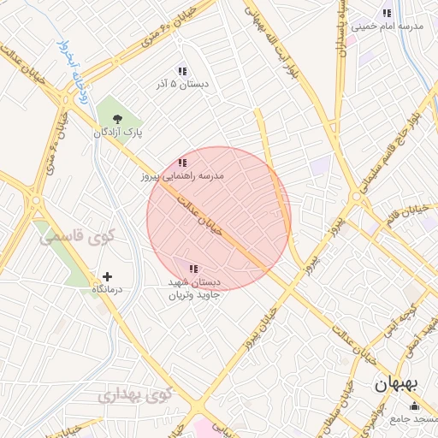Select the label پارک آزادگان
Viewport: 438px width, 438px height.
[118, 133]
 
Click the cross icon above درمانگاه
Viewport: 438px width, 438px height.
[107, 276]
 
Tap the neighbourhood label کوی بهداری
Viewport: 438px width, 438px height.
[135, 395]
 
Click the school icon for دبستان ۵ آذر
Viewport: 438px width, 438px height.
[181, 71]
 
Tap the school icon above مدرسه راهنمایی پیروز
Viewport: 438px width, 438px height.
[181, 163]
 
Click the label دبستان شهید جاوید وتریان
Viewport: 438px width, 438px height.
[193, 287]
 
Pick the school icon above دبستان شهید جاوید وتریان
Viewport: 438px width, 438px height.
[192, 269]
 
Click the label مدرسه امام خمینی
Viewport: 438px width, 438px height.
[394, 27]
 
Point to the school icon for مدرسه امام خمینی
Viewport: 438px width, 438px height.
[387, 13]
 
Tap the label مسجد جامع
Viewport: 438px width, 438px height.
[414, 419]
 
